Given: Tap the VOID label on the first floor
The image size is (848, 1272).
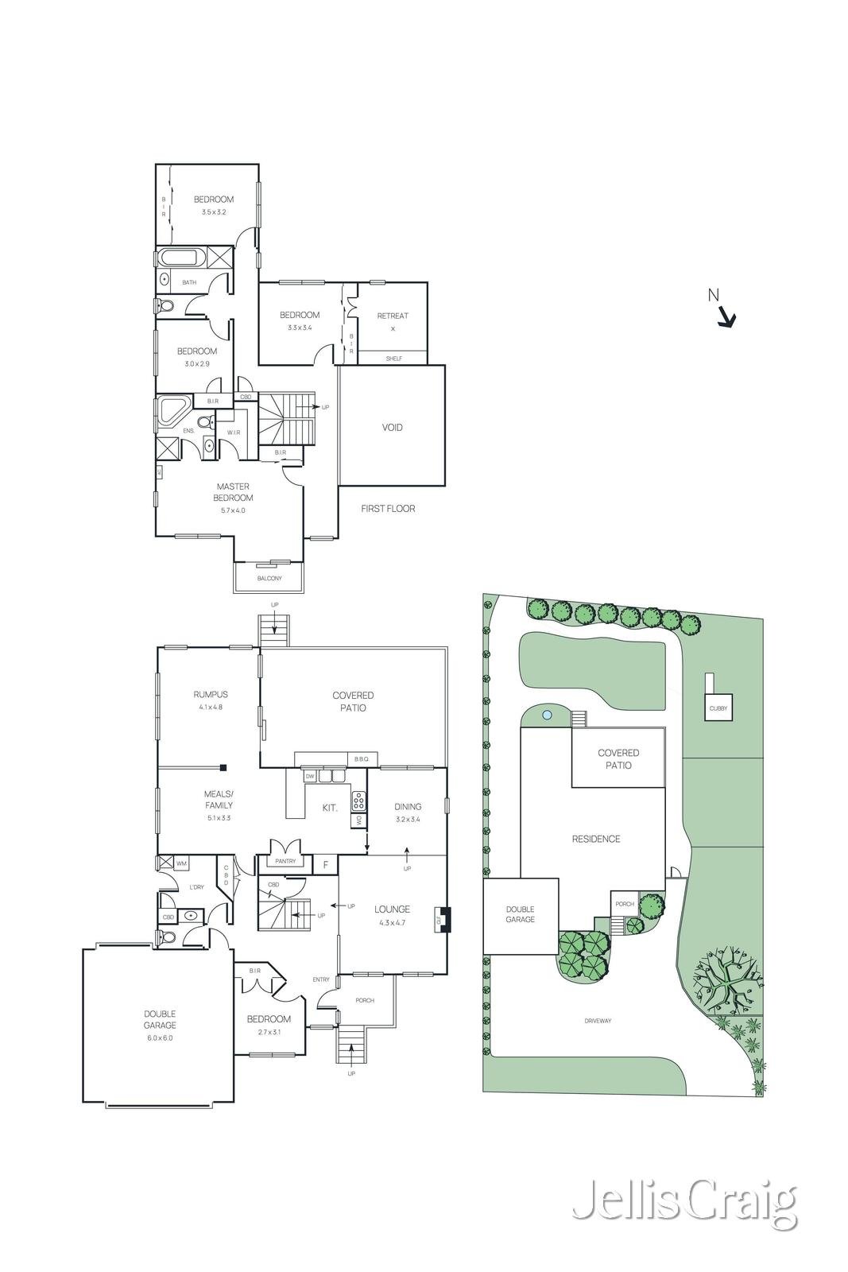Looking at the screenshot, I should (392, 428).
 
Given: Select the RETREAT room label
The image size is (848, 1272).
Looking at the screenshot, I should (393, 316).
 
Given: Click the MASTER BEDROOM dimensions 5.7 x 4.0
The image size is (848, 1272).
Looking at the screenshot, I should (233, 510).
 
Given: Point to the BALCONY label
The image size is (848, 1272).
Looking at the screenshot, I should (269, 579).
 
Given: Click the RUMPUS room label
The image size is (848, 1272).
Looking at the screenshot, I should (211, 694).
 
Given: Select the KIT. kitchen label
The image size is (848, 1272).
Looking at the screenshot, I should (330, 808).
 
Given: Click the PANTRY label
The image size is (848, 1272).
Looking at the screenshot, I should (285, 862).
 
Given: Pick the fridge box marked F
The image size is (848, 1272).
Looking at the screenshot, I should (325, 864).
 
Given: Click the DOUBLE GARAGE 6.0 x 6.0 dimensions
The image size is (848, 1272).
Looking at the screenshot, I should (159, 1037).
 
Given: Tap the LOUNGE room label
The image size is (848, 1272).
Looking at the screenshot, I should (392, 909).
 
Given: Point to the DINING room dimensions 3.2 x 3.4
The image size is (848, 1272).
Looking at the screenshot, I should (408, 819).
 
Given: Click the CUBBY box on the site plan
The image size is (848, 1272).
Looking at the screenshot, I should (718, 708).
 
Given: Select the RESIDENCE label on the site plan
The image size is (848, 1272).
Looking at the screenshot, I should (596, 839).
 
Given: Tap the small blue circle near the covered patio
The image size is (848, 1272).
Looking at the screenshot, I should (547, 715).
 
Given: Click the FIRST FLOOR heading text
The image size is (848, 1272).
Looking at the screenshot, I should (388, 509).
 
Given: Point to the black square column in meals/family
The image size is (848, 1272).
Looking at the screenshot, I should (224, 767).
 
